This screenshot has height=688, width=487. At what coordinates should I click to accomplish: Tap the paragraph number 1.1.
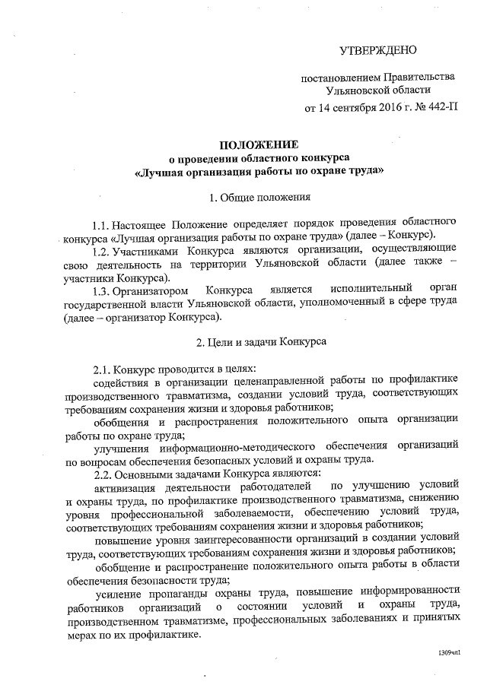[x=100, y=225]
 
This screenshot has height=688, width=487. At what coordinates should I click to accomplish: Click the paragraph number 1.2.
[x=100, y=250]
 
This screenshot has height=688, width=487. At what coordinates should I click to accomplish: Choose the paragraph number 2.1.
[x=102, y=369]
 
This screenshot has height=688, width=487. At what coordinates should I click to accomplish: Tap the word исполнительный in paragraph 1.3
[x=373, y=290]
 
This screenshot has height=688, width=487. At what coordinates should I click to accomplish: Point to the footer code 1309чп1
[x=449, y=655]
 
